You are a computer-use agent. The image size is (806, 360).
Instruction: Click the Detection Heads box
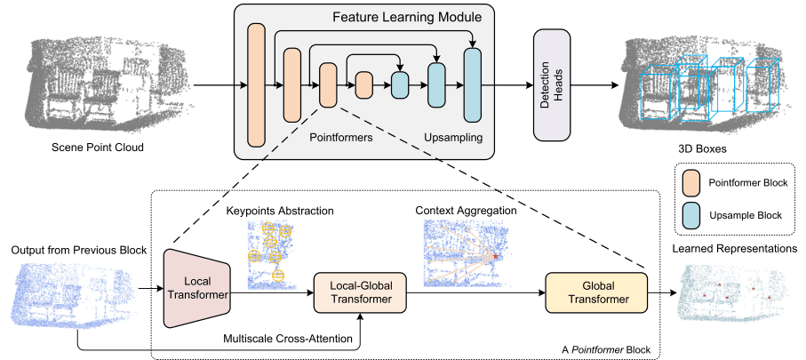coord(551,85)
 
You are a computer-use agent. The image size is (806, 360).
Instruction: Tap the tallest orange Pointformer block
coord(257,85)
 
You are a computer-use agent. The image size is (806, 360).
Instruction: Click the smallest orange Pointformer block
coord(363,85)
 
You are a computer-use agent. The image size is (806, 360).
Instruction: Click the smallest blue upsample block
coord(400,85)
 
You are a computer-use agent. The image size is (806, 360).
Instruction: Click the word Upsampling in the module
coord(452,140)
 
